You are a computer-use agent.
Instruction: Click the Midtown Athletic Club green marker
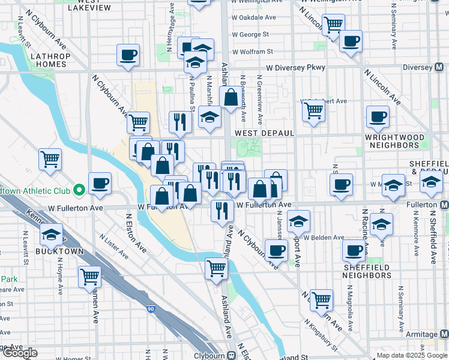pos(79,191)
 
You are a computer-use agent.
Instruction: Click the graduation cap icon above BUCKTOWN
pos(52,235)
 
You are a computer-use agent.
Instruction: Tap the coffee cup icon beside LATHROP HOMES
pos(128,55)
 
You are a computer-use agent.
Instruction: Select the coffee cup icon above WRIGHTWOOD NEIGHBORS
pos(378,116)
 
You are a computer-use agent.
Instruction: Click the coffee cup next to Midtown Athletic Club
pos(100,183)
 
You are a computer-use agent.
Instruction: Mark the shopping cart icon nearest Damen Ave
pos(90,277)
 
